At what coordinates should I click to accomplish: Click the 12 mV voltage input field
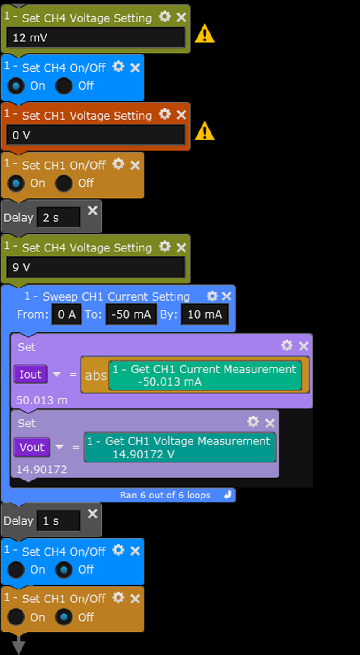pyautogui.click(x=96, y=37)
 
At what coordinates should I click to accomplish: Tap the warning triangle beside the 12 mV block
pyautogui.click(x=205, y=34)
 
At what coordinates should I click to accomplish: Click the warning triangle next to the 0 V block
pyautogui.click(x=205, y=131)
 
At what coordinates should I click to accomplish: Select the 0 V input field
pyautogui.click(x=96, y=135)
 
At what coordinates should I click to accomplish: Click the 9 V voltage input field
pyautogui.click(x=96, y=267)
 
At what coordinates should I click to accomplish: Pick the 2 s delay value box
pyautogui.click(x=58, y=218)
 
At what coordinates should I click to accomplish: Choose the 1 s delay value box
pyautogui.click(x=58, y=521)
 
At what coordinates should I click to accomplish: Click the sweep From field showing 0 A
pyautogui.click(x=67, y=314)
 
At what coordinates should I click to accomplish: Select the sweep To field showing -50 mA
pyautogui.click(x=131, y=314)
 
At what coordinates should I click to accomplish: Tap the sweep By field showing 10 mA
pyautogui.click(x=205, y=314)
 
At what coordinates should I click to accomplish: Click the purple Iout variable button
pyautogui.click(x=31, y=374)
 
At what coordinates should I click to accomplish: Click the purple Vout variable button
pyautogui.click(x=32, y=447)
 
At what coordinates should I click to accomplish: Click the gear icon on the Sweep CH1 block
pyautogui.click(x=212, y=296)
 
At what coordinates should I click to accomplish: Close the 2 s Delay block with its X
pyautogui.click(x=92, y=211)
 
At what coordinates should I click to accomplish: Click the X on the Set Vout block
pyautogui.click(x=270, y=423)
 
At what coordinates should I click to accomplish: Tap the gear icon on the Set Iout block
pyautogui.click(x=287, y=345)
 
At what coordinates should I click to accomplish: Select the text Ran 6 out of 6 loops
pyautogui.click(x=165, y=495)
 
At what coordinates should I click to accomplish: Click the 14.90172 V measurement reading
pyautogui.click(x=143, y=454)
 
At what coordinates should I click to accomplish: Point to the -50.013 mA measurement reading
pyautogui.click(x=170, y=382)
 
